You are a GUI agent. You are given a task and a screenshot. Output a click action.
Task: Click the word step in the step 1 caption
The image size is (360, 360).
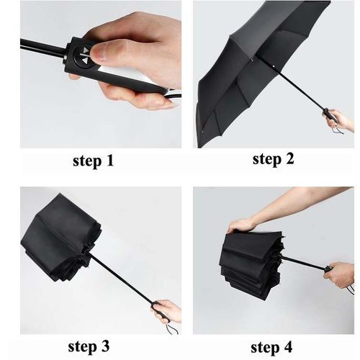[x=87, y=161]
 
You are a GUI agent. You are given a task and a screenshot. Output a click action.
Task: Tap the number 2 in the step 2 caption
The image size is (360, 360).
[x=288, y=158]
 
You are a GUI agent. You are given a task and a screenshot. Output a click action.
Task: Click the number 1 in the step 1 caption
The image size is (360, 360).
[x=109, y=161]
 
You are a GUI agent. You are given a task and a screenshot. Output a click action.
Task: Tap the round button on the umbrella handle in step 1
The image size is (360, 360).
[x=82, y=55]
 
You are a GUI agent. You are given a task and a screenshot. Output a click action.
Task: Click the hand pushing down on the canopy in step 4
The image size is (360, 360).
[x=241, y=225]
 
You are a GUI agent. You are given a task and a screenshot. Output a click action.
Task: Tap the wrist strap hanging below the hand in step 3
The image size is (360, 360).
[x=172, y=328]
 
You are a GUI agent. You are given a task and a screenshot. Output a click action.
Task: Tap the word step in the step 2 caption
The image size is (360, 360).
[x=267, y=160]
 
